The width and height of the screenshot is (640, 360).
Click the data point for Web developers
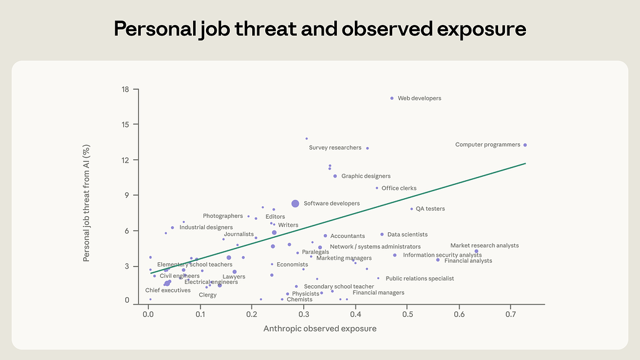[392, 98]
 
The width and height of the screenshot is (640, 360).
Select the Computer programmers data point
[525, 145]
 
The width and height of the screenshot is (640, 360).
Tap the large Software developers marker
[295, 204]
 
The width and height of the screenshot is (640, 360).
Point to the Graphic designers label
[365, 176]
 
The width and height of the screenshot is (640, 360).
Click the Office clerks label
[399, 188]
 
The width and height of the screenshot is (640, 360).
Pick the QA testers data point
[412, 209]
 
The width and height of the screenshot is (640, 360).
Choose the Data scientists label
[407, 235]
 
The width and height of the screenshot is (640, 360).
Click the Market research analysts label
[484, 245]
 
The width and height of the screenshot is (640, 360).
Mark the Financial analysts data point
[438, 260]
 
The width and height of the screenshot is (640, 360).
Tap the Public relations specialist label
[420, 278]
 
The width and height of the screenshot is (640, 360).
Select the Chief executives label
[168, 290]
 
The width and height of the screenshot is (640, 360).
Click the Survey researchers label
[335, 148]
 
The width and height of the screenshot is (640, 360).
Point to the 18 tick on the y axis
[126, 90]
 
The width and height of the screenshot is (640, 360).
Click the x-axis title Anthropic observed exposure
[320, 328]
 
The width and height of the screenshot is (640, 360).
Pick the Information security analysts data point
[395, 255]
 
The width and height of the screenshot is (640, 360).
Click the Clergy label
[208, 295]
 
